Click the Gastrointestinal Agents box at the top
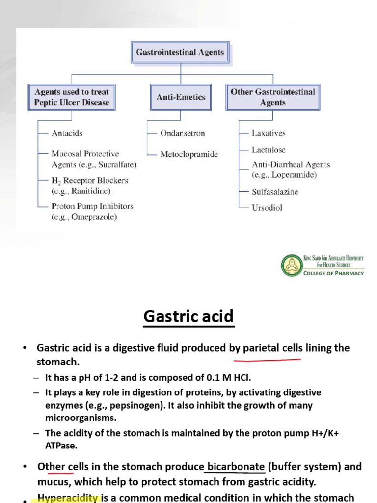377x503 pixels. point(180,52)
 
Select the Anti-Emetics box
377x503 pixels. point(181,97)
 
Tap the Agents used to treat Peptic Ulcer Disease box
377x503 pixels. point(72,97)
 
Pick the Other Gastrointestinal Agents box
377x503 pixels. point(273,97)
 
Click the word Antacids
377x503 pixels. point(67,133)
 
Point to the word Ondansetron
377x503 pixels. point(183,133)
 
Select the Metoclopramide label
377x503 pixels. point(189,154)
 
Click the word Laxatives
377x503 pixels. point(269,133)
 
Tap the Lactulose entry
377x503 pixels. point(269,150)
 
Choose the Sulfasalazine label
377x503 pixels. point(275,192)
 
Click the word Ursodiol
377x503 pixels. point(267,207)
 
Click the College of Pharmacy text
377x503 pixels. point(334,273)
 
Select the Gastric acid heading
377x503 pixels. point(188,317)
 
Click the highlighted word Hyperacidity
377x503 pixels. point(68,498)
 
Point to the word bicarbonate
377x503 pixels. point(236,466)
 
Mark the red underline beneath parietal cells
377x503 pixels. point(267,360)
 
